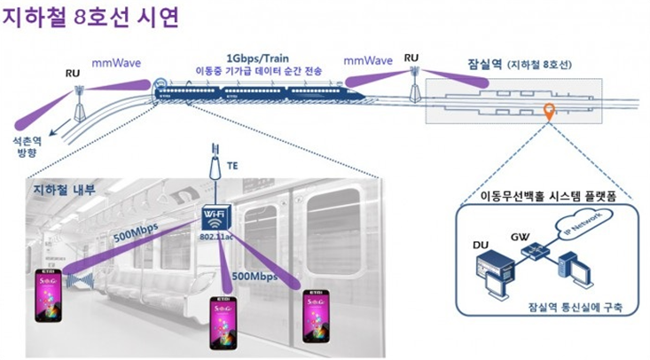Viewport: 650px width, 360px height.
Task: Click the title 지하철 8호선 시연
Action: [x=90, y=19]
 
